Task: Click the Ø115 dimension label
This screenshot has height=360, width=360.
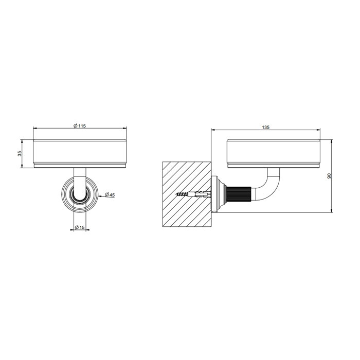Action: [79, 126]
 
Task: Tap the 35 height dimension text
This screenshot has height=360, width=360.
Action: [20, 153]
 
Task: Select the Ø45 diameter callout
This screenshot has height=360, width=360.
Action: [110, 195]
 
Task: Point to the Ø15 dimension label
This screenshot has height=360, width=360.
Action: [80, 227]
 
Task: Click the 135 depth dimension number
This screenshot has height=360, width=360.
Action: [265, 128]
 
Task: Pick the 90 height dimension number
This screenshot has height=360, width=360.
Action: [329, 176]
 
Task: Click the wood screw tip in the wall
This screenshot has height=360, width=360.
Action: [177, 194]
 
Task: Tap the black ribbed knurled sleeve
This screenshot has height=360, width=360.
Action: [239, 194]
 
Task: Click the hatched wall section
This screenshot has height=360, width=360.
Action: [187, 194]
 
